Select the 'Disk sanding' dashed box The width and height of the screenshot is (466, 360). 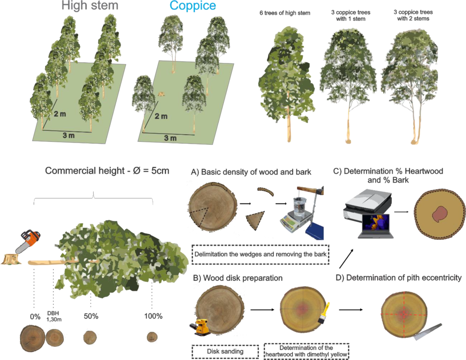click(225, 352)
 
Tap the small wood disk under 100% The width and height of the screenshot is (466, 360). click(151, 337)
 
